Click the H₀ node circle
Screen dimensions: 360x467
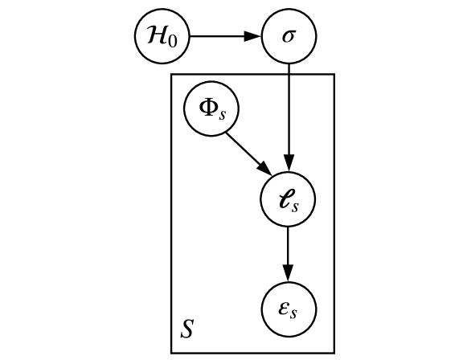pos(160,36)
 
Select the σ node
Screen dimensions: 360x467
pos(289,36)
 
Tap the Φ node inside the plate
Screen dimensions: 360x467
pos(211,107)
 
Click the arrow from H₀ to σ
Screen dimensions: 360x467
pos(224,36)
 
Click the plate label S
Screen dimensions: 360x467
pos(186,329)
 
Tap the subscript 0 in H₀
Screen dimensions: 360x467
pos(171,41)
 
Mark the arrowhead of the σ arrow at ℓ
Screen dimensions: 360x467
pos(289,165)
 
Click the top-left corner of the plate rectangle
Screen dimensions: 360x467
pos(171,74)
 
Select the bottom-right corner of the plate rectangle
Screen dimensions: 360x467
pos(334,352)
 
